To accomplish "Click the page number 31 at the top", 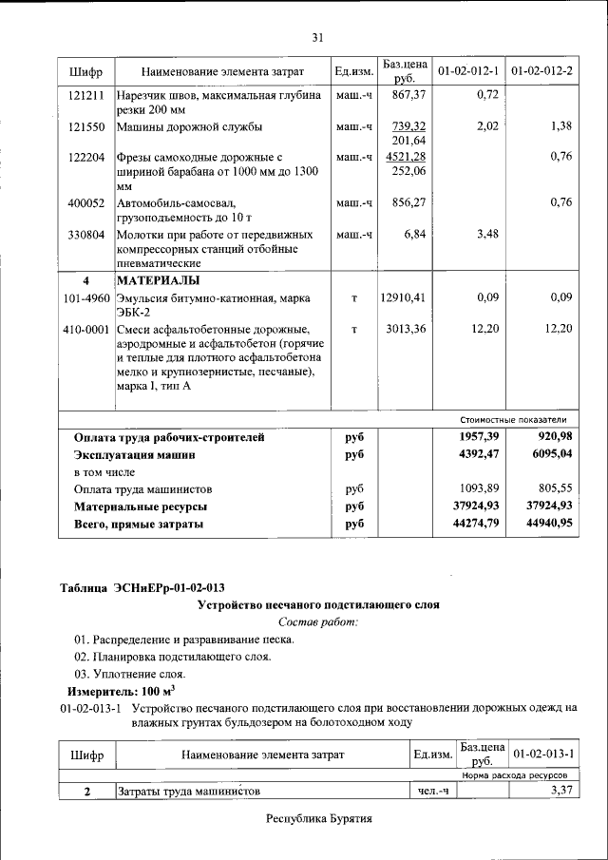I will point(317,37).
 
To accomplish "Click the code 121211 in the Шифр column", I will point(86,96).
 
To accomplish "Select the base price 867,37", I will point(408,96).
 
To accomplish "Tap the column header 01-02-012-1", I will point(468,71).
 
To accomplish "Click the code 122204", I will point(86,157).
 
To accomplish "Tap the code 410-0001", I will point(86,329).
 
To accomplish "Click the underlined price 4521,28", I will point(408,157).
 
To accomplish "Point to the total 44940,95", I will point(542,524).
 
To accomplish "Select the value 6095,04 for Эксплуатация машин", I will point(542,454).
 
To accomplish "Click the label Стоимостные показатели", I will point(513,419).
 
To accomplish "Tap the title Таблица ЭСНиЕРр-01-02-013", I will point(142,587).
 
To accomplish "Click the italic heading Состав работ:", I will point(317,621).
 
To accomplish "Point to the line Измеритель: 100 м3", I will point(120,691).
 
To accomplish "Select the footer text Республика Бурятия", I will point(318,818).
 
